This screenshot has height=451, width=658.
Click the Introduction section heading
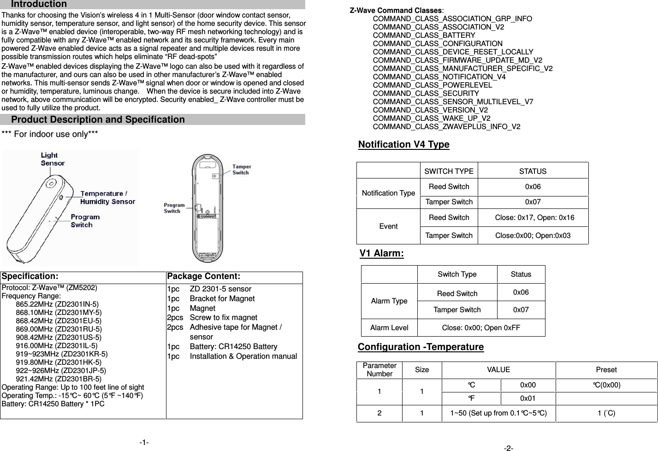click(x=39, y=4)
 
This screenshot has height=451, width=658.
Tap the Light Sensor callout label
click(x=53, y=159)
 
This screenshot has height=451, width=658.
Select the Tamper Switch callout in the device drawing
click(x=241, y=169)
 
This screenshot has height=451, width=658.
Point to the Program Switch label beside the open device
click(x=174, y=208)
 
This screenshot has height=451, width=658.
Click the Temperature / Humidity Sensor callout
click(x=107, y=197)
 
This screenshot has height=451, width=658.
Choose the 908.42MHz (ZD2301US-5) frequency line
click(x=59, y=337)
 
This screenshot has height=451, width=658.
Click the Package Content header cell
click(x=203, y=277)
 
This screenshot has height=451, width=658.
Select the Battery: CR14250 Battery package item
click(x=233, y=346)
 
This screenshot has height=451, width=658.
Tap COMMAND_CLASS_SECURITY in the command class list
click(x=426, y=94)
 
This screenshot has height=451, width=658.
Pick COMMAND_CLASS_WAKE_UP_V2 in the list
click(x=431, y=119)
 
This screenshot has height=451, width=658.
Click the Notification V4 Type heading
click(x=403, y=145)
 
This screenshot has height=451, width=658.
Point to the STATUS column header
click(x=533, y=172)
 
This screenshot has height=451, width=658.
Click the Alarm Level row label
click(x=389, y=328)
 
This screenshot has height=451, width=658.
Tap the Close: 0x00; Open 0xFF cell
click(x=481, y=328)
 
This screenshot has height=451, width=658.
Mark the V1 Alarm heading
click(x=381, y=254)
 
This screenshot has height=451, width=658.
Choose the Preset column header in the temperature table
click(x=606, y=370)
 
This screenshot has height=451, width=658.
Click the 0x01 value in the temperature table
click(x=528, y=398)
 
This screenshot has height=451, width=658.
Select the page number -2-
click(x=509, y=448)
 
